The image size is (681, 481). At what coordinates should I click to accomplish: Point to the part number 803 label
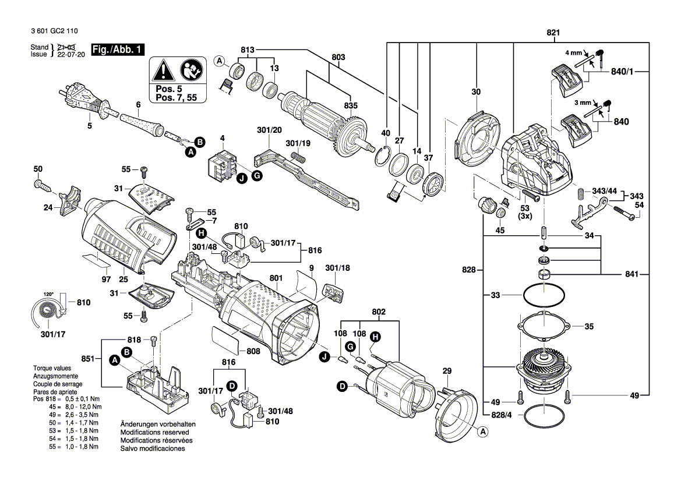coord(338,57)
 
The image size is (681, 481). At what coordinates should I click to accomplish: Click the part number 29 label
coord(447,371)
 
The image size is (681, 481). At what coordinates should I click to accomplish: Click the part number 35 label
coord(589,327)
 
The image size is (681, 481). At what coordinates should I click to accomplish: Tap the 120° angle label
coord(48,294)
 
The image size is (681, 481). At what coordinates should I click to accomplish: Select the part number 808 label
coord(253,351)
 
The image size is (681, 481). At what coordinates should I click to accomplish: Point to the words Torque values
coord(52,369)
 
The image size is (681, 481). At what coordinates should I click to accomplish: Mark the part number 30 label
coord(476,92)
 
